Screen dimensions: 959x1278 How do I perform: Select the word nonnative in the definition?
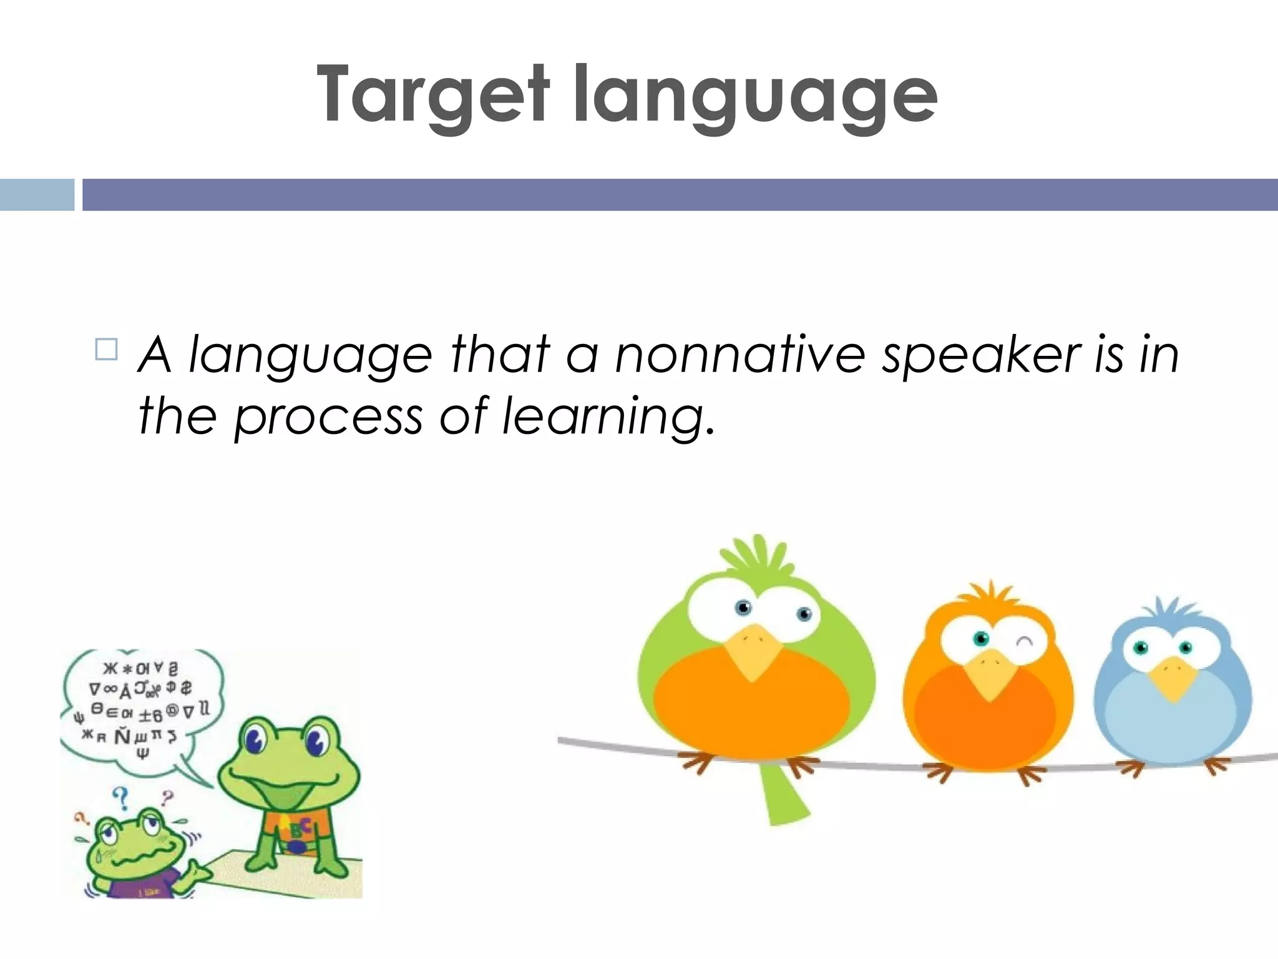pyautogui.click(x=740, y=355)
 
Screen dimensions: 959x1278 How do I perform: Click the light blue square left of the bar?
pyautogui.click(x=36, y=195)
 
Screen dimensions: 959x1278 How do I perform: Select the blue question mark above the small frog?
pyautogui.click(x=121, y=797)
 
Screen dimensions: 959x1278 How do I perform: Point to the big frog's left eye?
pyautogui.click(x=256, y=740)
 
